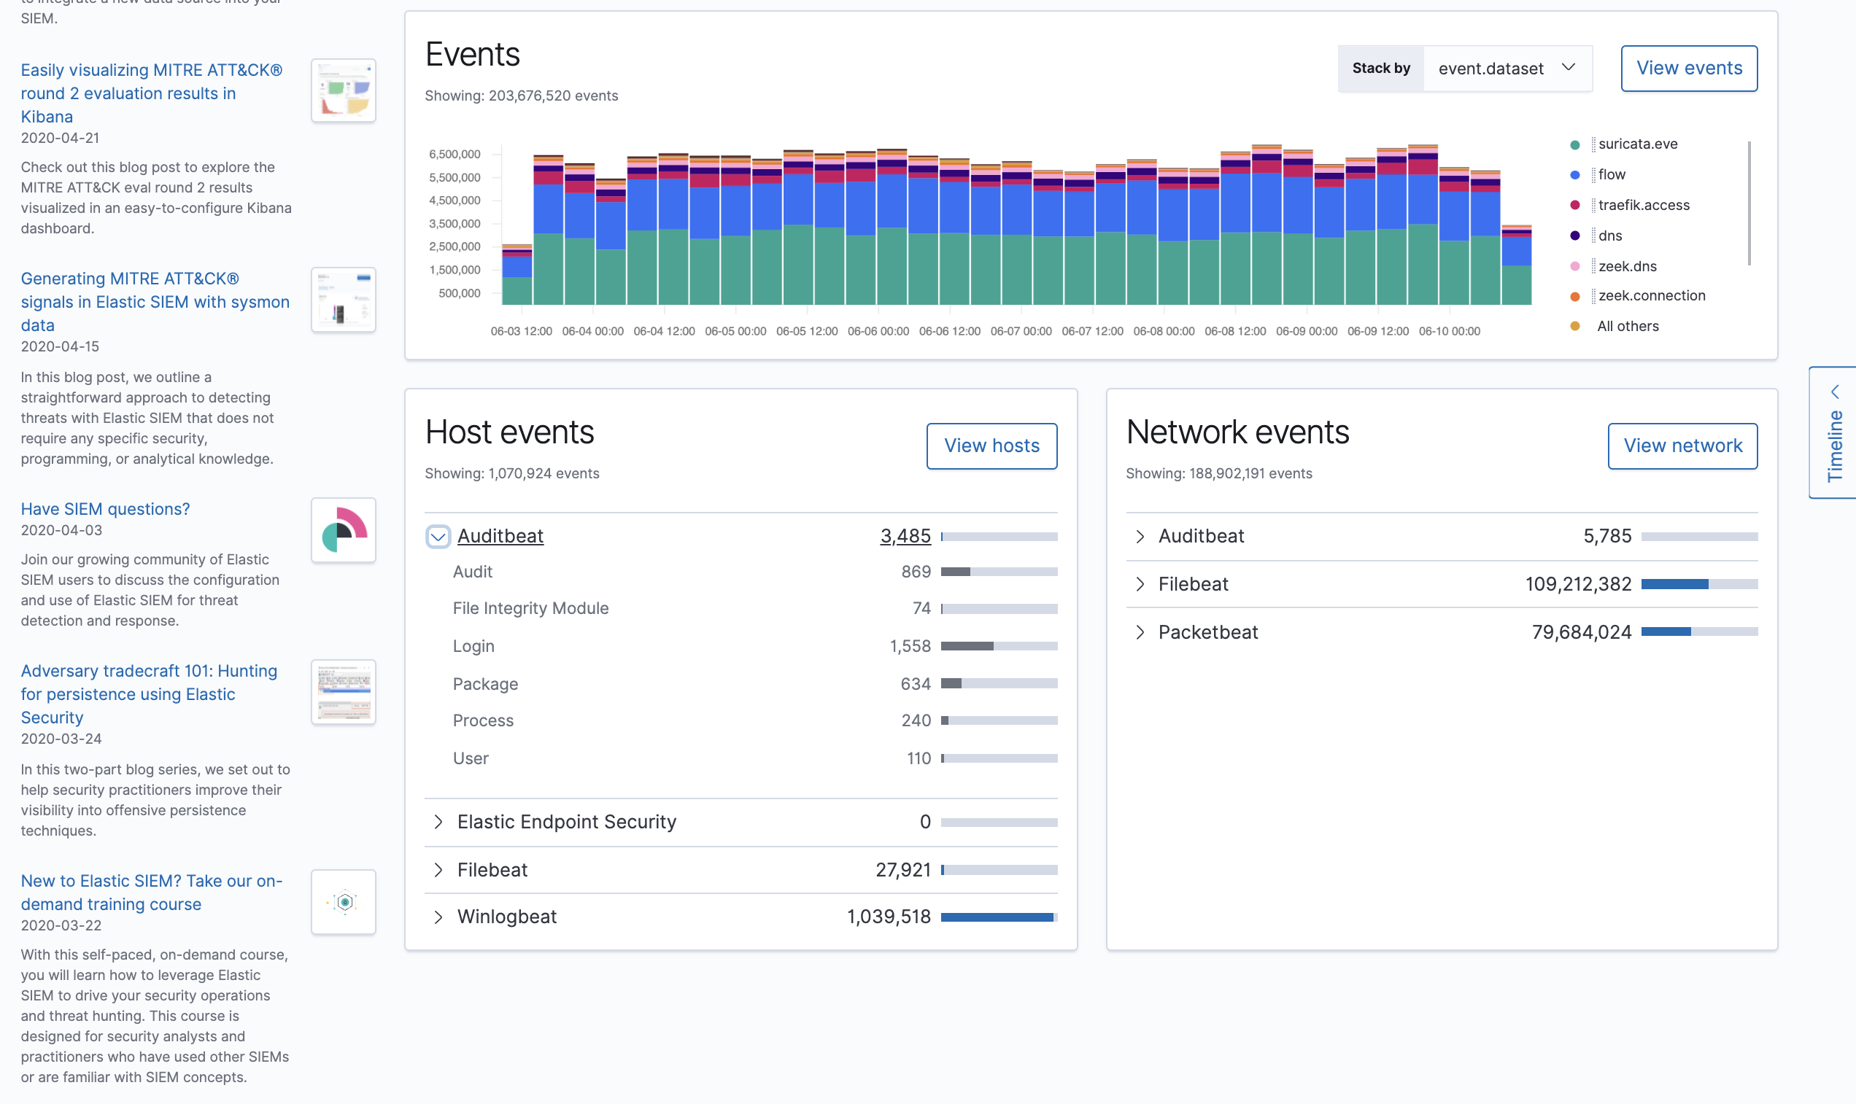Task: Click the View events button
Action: coord(1688,69)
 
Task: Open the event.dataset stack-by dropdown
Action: coord(1507,69)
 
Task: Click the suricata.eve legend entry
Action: coord(1637,144)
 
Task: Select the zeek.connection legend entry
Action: coord(1650,296)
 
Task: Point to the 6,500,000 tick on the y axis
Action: coord(455,154)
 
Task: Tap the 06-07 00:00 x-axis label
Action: coord(1020,331)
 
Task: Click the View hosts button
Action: coord(991,446)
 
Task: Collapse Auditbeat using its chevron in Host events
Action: coord(438,537)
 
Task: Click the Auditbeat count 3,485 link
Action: coord(905,537)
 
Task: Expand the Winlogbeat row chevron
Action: coord(438,917)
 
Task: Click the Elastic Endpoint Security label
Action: coord(566,822)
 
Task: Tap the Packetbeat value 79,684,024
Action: coord(1581,632)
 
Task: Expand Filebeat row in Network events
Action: coord(1140,585)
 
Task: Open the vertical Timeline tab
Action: coord(1834,433)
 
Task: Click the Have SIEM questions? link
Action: coord(105,510)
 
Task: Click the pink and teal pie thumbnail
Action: coord(343,530)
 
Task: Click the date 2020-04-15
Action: coord(60,346)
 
